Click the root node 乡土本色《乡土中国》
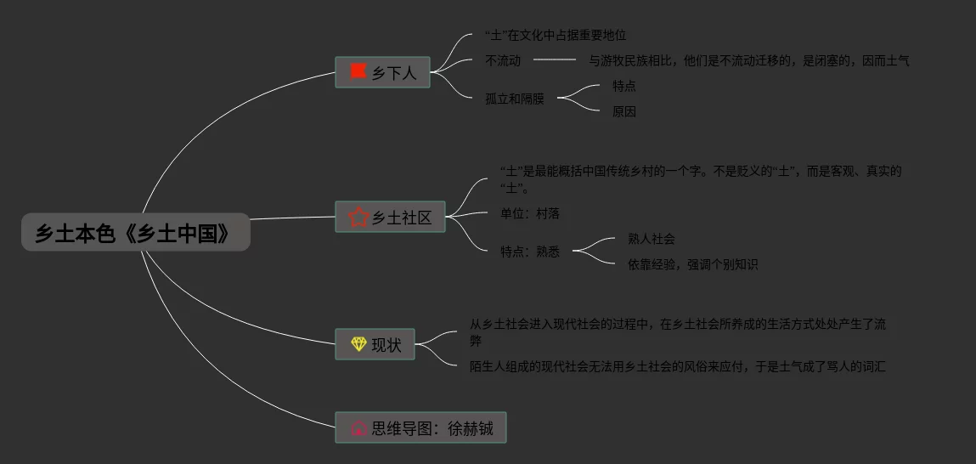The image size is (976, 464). click(x=135, y=232)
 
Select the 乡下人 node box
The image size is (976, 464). click(x=382, y=72)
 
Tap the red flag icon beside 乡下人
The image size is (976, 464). click(x=357, y=71)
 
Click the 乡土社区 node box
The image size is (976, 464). click(x=390, y=217)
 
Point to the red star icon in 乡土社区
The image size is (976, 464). click(x=358, y=217)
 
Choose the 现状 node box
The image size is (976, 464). click(x=375, y=344)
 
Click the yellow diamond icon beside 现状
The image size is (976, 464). click(x=358, y=344)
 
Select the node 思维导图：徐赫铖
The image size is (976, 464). click(x=420, y=427)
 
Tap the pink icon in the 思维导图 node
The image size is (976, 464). click(x=358, y=427)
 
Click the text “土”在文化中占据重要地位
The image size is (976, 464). click(x=555, y=36)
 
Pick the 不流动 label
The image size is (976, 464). click(x=503, y=60)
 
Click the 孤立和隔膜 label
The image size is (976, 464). click(x=515, y=99)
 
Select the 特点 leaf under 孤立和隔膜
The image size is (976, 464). click(x=624, y=86)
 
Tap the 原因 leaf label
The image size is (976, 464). click(x=624, y=111)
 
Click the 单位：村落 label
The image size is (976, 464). click(x=530, y=213)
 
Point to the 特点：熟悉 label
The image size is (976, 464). click(x=530, y=252)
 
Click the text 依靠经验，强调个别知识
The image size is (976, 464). click(x=692, y=264)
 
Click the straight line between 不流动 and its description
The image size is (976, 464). click(x=555, y=60)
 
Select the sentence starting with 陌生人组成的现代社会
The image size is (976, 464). click(x=677, y=366)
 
